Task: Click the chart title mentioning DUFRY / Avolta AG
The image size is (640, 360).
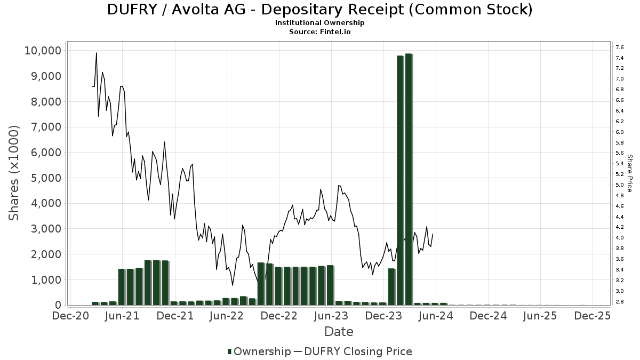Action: pyautogui.click(x=319, y=10)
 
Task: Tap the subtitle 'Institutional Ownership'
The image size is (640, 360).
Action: pyautogui.click(x=319, y=23)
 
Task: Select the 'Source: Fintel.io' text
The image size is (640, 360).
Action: pyautogui.click(x=319, y=31)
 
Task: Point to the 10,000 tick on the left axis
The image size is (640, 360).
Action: pyautogui.click(x=43, y=51)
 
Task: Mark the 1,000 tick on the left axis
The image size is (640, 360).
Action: pyautogui.click(x=46, y=279)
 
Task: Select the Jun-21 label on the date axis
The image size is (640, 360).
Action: pyautogui.click(x=123, y=315)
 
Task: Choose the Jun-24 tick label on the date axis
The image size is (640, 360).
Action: pyautogui.click(x=436, y=315)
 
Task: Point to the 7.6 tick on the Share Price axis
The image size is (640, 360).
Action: pyautogui.click(x=620, y=47)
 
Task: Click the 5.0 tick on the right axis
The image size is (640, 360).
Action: pyautogui.click(x=620, y=185)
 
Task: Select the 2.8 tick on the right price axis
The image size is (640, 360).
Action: pyautogui.click(x=620, y=302)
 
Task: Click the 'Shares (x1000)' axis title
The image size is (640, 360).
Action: pyautogui.click(x=14, y=173)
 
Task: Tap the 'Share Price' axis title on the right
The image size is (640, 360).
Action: pyautogui.click(x=629, y=173)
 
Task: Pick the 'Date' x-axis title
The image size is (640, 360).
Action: pyautogui.click(x=339, y=332)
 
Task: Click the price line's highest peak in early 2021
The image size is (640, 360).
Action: pyautogui.click(x=97, y=53)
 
